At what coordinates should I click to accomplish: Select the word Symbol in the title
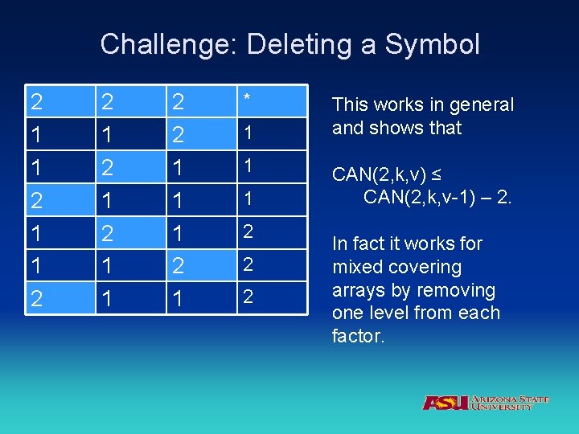[x=432, y=43]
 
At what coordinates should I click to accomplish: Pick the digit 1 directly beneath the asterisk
[x=249, y=132]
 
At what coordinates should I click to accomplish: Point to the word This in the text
[x=350, y=104]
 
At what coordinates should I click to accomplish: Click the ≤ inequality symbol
[x=439, y=174]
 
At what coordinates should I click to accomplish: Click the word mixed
[x=356, y=267]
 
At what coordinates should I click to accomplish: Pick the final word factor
[x=359, y=336]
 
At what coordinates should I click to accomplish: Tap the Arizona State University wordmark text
[x=511, y=403]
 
